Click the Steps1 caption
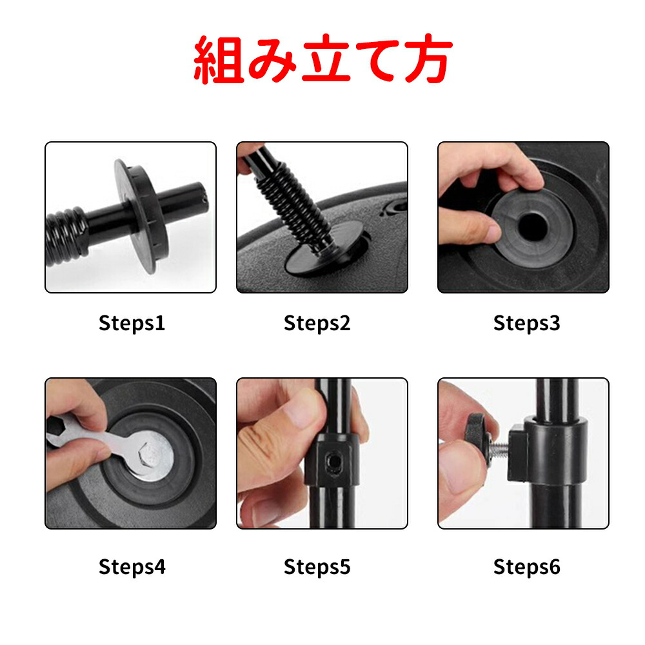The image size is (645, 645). pos(132,323)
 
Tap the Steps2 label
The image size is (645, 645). pos(317,323)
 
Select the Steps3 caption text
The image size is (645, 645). pos(526,323)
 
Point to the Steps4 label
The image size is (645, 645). pos(132,567)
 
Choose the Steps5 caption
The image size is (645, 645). pos(317,567)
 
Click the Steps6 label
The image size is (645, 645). pos(526,567)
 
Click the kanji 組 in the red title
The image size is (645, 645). pos(218,59)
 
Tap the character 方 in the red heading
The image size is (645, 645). pos(428,59)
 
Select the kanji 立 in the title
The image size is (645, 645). pos(326,59)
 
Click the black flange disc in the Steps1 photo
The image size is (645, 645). pos(140,216)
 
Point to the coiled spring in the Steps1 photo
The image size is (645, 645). pos(66,237)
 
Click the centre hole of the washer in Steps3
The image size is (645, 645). pos(533,226)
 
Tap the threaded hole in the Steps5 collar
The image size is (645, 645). pos(333,462)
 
